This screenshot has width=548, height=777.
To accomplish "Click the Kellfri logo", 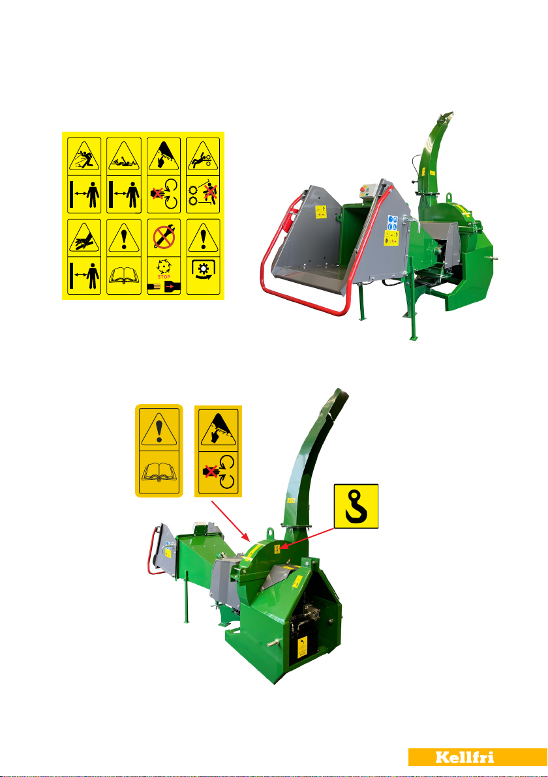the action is [x=478, y=757].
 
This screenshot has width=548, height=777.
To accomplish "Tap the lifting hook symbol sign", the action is [x=356, y=506].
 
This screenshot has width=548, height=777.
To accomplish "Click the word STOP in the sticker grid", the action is [x=164, y=276].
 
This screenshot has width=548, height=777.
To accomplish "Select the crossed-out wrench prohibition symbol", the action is [x=164, y=237].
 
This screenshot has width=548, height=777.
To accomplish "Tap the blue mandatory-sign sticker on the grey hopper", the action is [x=393, y=222].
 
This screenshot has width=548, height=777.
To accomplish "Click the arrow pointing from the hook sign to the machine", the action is [x=307, y=538].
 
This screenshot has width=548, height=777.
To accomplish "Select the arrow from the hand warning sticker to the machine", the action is [x=230, y=520].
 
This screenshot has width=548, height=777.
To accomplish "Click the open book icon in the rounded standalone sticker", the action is [x=159, y=473].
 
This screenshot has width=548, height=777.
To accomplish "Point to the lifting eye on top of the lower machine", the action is [x=270, y=533].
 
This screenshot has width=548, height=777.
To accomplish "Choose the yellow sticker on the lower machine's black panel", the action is [x=302, y=648].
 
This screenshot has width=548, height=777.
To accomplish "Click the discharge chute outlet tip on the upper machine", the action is [x=446, y=115].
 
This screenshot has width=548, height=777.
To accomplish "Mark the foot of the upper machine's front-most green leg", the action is [x=412, y=338].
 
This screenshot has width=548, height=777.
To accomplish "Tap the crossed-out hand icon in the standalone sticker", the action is [x=212, y=472].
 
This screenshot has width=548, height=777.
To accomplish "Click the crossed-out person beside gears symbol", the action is [x=210, y=192].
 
